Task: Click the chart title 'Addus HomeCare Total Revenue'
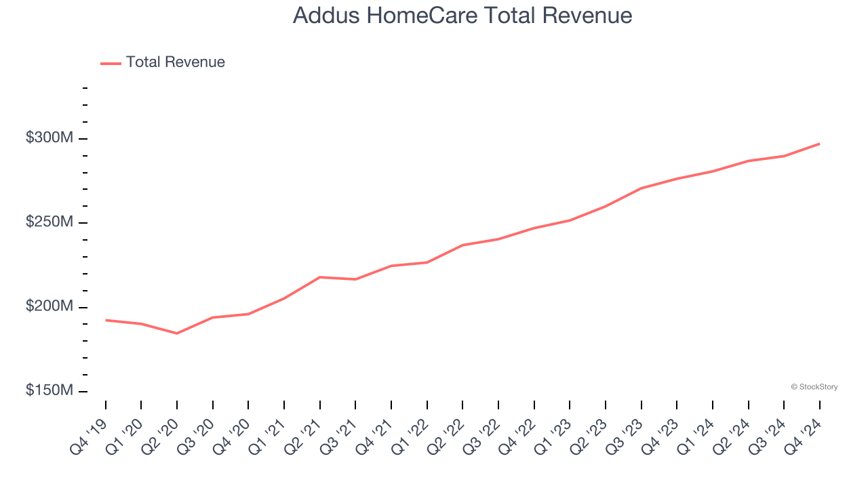point(462,16)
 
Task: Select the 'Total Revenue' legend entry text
point(175,62)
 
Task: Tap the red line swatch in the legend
point(111,63)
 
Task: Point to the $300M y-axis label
point(50,138)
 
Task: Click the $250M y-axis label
point(50,222)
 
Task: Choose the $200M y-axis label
point(50,306)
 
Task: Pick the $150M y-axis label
point(50,391)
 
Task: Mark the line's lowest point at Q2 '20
point(177,333)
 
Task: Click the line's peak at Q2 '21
point(319,277)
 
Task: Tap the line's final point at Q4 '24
point(819,144)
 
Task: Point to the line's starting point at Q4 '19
point(106,320)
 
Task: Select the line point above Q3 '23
point(641,188)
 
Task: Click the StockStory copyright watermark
point(814,387)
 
